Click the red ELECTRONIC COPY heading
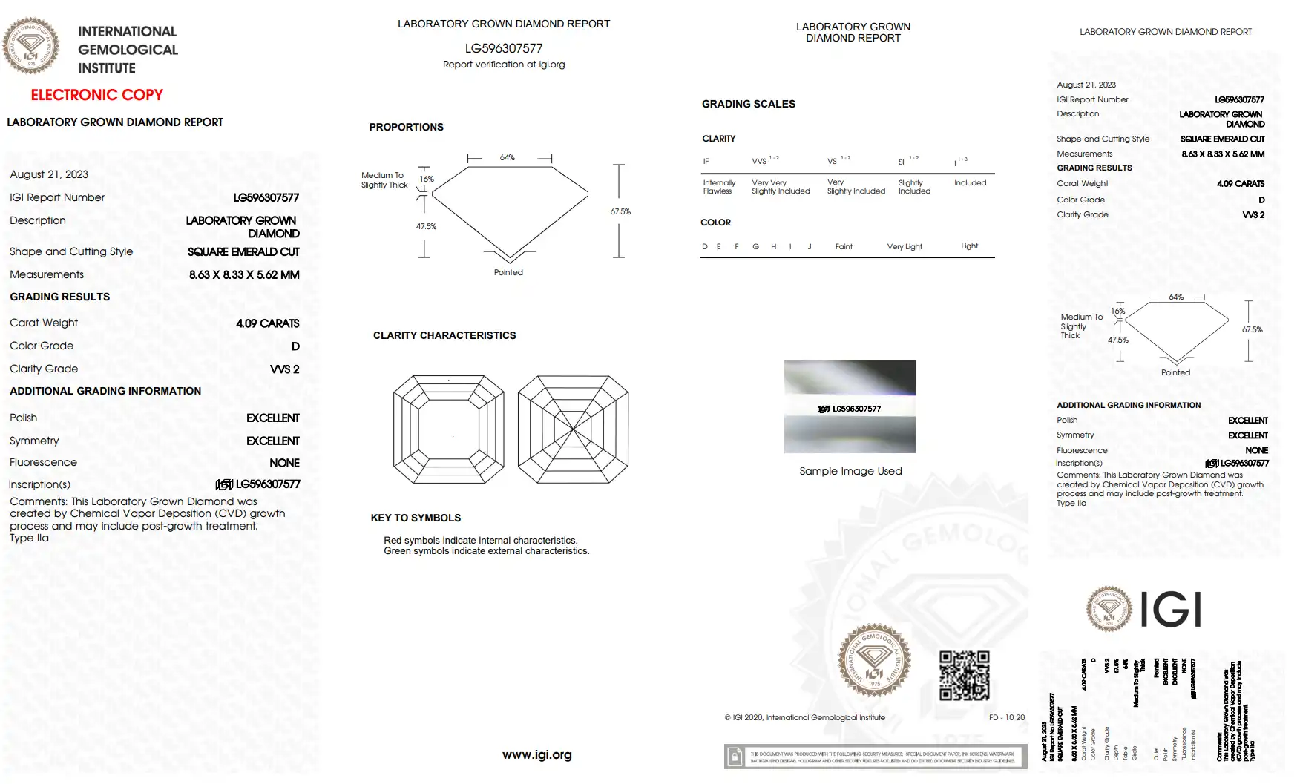click(x=96, y=95)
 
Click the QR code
click(x=964, y=676)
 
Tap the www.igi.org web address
click(x=536, y=755)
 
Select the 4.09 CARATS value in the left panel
click(x=267, y=323)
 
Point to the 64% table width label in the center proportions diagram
click(x=508, y=157)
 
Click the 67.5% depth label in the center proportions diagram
click(x=620, y=211)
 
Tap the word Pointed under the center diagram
click(x=508, y=272)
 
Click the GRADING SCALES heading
click(x=748, y=104)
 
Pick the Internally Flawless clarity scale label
click(x=719, y=187)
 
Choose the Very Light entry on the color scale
click(x=905, y=246)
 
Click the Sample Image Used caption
click(x=850, y=471)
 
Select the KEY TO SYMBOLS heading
click(x=416, y=518)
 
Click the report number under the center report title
click(x=504, y=48)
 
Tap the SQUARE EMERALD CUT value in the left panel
click(x=243, y=252)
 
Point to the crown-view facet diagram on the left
click(x=448, y=429)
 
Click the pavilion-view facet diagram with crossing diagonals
click(x=573, y=429)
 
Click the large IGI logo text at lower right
click(x=1170, y=610)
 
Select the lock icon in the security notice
click(x=735, y=757)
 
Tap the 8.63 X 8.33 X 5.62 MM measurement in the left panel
click(x=244, y=274)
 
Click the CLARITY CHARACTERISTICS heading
click(x=444, y=335)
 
